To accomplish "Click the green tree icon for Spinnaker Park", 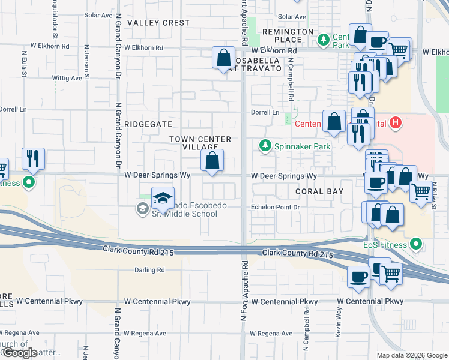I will click(264, 145).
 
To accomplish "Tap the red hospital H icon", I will click(395, 124).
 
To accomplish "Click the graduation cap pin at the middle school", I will click(162, 198).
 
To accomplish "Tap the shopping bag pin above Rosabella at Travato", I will click(223, 59).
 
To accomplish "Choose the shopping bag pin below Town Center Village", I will click(212, 160).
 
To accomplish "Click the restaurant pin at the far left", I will click(33, 159).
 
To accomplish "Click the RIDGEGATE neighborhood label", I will click(148, 124).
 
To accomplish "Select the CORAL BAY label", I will click(319, 191).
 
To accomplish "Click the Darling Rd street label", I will click(149, 271).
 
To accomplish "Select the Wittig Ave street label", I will click(67, 78).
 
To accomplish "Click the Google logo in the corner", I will click(20, 353).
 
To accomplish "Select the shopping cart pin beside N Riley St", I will click(421, 192).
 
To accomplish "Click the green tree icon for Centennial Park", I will click(324, 40).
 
